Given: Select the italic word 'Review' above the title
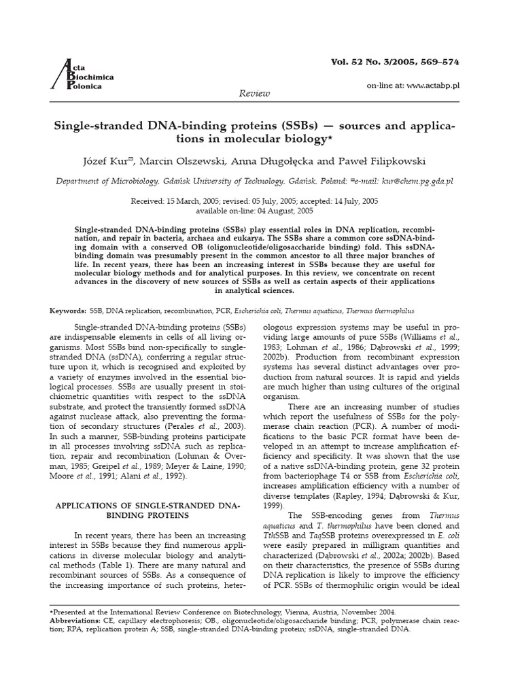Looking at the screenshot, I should click(x=255, y=93).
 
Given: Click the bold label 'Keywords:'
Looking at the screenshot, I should click(x=69, y=310).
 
